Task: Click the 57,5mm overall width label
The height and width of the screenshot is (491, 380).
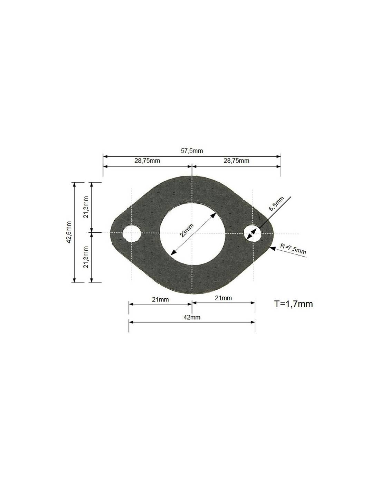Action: (x=192, y=151)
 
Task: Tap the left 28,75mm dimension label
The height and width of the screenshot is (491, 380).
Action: (x=147, y=161)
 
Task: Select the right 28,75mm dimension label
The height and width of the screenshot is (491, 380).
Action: (x=236, y=161)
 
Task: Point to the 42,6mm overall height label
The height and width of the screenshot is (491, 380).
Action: (x=69, y=232)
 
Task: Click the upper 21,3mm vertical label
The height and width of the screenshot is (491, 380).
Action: (x=86, y=207)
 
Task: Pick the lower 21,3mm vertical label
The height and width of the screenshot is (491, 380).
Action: (x=86, y=257)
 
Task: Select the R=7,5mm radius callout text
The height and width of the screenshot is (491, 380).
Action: (x=293, y=249)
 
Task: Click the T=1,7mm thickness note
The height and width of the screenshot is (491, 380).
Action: (x=293, y=304)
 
